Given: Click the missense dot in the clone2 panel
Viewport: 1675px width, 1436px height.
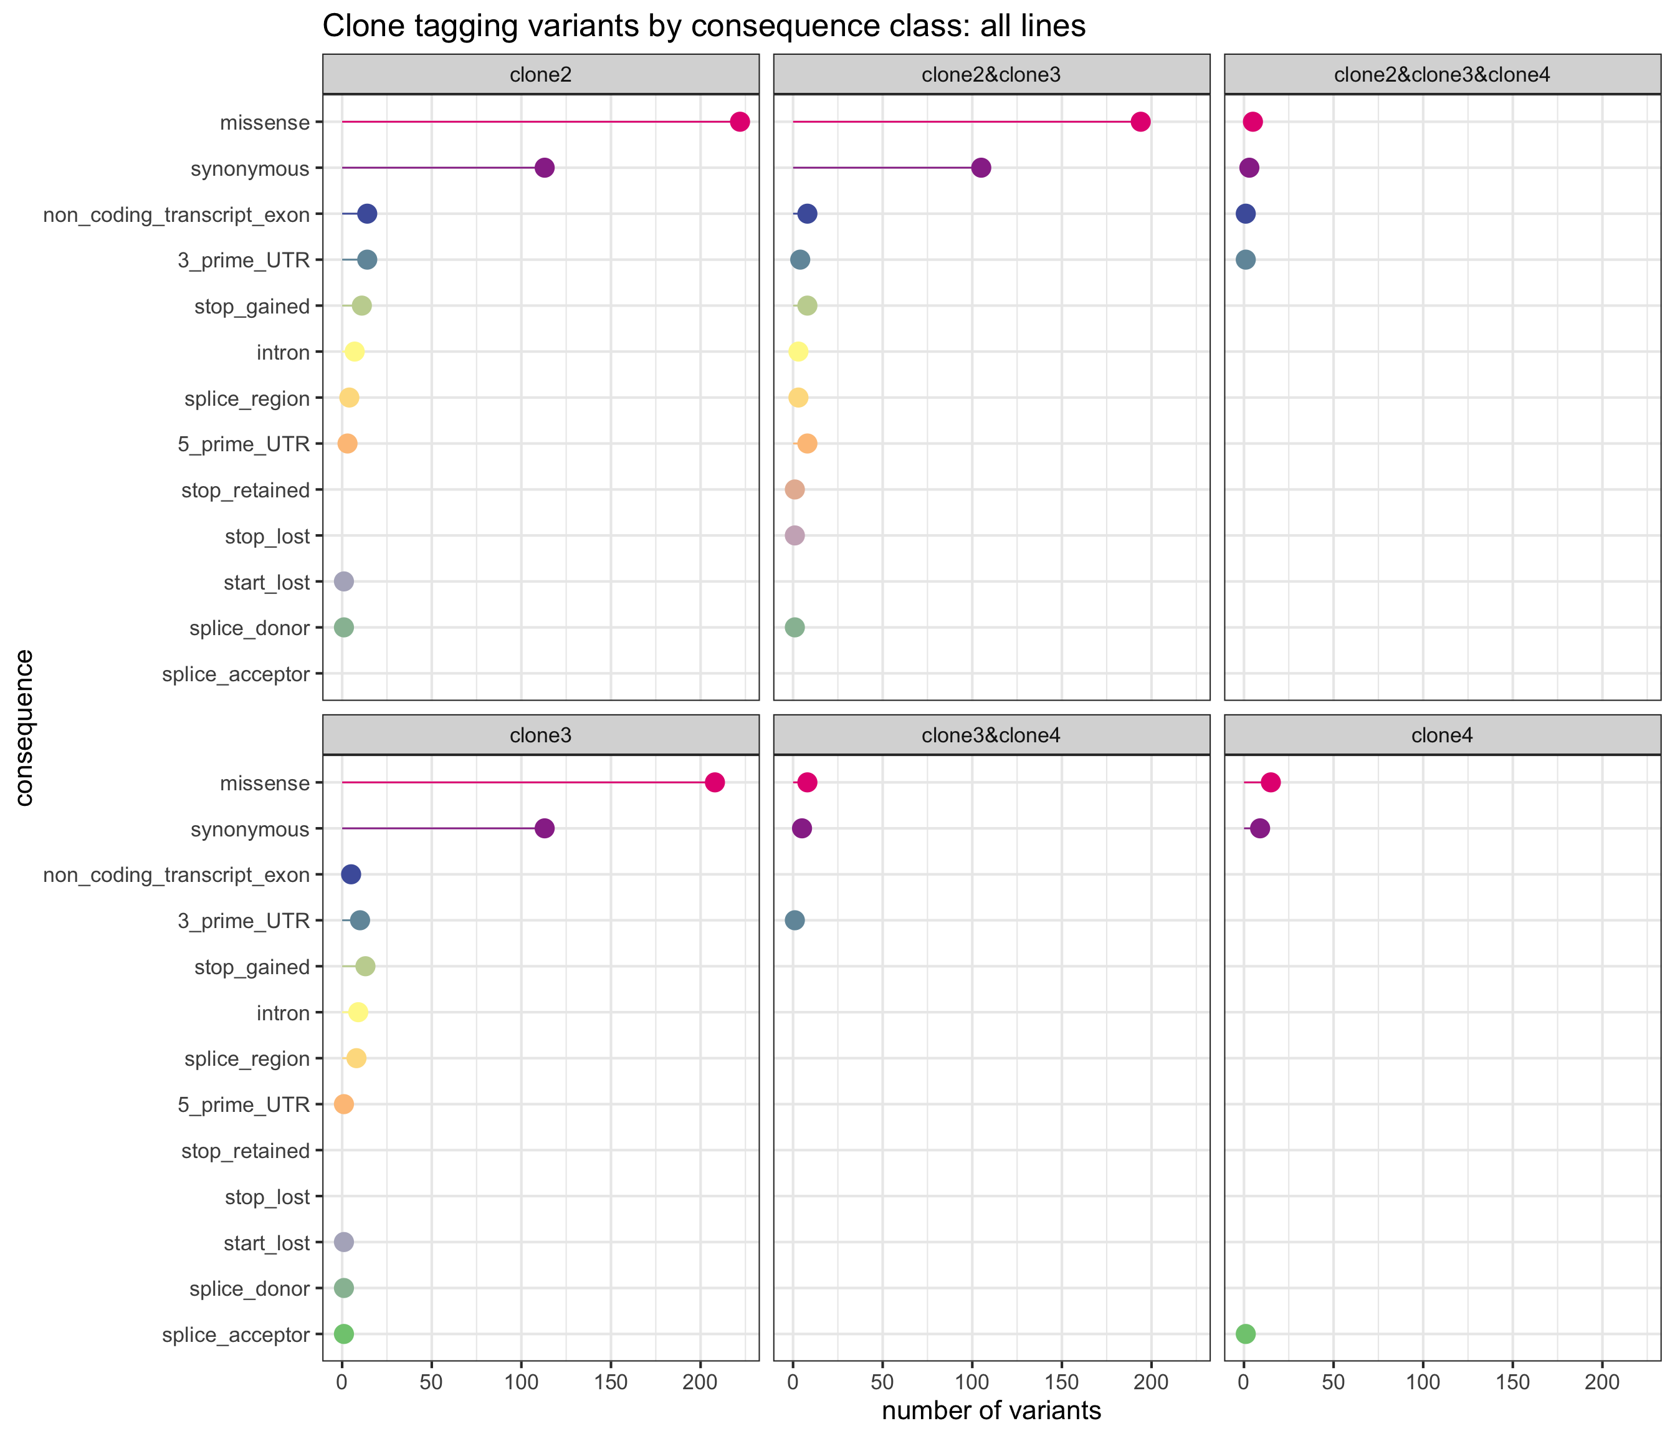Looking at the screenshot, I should (739, 122).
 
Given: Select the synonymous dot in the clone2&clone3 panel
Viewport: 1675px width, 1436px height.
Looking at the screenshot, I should (981, 168).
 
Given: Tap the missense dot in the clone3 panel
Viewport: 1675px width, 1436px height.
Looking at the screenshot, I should (715, 783).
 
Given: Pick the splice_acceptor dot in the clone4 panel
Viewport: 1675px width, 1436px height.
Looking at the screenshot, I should (1246, 1334).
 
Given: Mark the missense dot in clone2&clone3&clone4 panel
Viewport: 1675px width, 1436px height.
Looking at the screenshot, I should (1253, 122).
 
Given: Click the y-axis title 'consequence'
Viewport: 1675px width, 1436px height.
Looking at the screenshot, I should (24, 728).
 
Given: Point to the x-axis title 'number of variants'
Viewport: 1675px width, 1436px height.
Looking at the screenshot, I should (991, 1411).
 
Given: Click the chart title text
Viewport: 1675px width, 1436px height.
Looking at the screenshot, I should (704, 26).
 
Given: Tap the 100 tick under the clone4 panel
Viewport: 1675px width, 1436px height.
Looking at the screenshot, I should (1423, 1382).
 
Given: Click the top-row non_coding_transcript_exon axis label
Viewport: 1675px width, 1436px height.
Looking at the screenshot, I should (176, 215).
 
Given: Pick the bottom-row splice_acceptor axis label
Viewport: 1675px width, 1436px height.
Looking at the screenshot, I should (236, 1335).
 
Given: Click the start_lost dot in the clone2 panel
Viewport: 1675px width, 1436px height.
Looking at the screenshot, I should (343, 582).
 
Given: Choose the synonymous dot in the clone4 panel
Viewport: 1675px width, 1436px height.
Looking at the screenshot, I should (1259, 829).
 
